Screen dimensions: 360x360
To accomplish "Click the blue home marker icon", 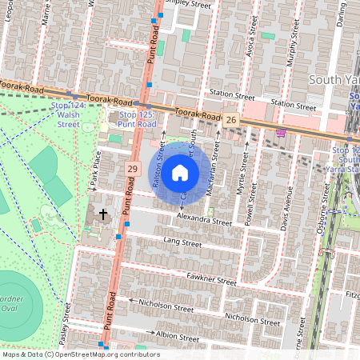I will (x=180, y=172).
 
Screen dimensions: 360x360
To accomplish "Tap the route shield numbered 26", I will (x=231, y=119).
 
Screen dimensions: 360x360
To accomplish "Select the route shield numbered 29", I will (x=132, y=169).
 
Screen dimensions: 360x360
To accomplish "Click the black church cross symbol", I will (x=102, y=214).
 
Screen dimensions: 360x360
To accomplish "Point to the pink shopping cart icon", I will (x=280, y=133).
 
